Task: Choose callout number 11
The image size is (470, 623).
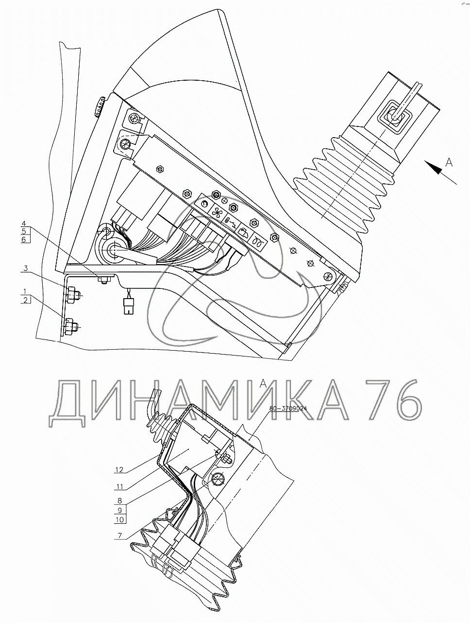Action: [119, 486]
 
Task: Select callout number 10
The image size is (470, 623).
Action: [119, 519]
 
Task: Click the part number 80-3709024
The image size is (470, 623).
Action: [288, 409]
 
